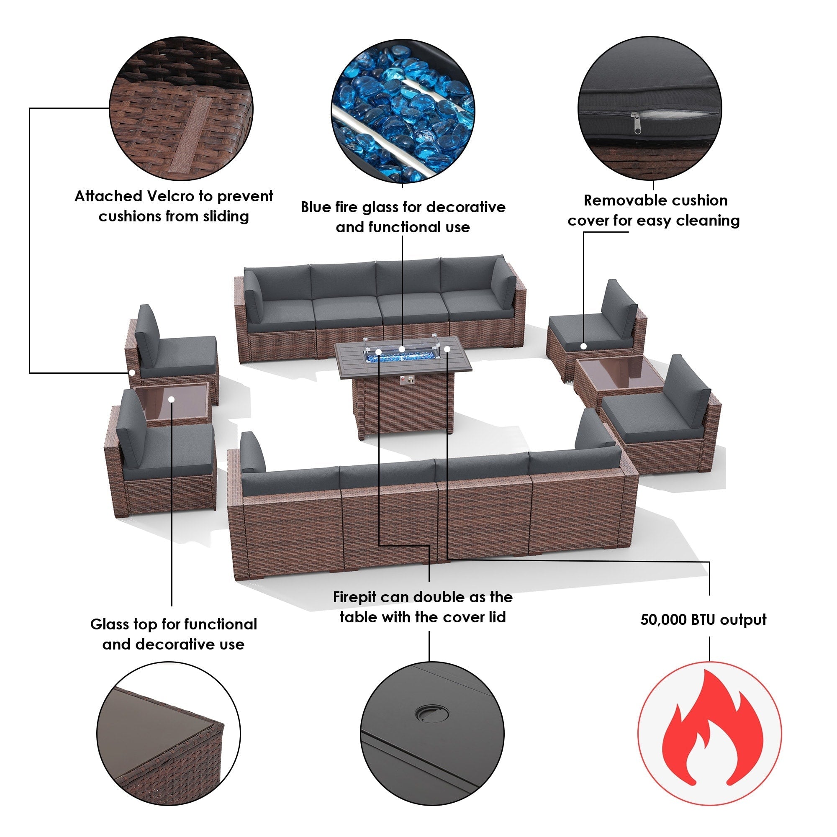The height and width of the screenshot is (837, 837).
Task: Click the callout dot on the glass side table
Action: (172, 399)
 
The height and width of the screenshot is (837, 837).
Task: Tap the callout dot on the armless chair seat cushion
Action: (583, 346)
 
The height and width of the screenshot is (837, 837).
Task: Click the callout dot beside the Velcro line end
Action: (132, 372)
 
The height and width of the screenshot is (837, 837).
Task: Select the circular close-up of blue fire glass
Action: (403, 111)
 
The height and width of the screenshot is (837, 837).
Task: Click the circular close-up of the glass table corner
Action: (169, 734)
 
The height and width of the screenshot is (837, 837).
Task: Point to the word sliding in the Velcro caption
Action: (226, 216)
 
